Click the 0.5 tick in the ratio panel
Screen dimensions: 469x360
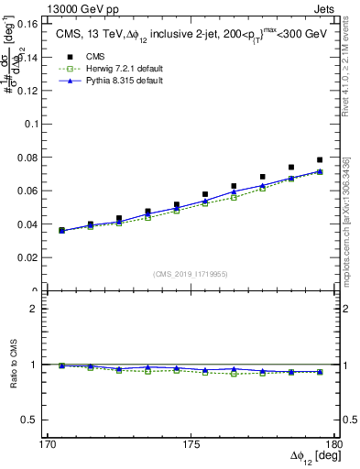coord(26,420)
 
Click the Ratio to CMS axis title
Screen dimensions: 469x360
coord(10,364)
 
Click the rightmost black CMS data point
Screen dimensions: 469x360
coord(320,160)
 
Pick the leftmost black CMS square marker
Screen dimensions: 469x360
coord(61,231)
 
